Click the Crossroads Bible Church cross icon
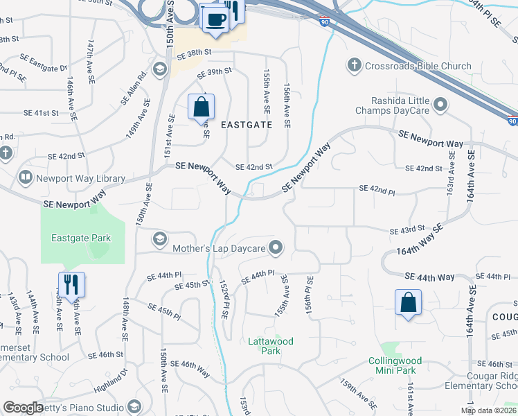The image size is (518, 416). [x=354, y=66]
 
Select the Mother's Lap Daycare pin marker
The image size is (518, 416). [x=276, y=248]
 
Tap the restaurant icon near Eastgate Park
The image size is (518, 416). [x=71, y=285]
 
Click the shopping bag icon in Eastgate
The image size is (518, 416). [x=201, y=108]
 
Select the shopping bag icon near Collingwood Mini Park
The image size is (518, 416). [x=408, y=303]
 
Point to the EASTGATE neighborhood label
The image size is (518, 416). [x=247, y=125]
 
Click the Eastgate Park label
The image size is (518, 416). [x=81, y=238]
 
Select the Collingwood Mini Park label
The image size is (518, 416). [x=392, y=365]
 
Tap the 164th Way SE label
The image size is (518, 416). [x=419, y=240]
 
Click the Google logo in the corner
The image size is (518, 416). [x=24, y=408]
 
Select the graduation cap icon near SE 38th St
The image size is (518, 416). [x=160, y=69]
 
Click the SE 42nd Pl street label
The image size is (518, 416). [x=376, y=189]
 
